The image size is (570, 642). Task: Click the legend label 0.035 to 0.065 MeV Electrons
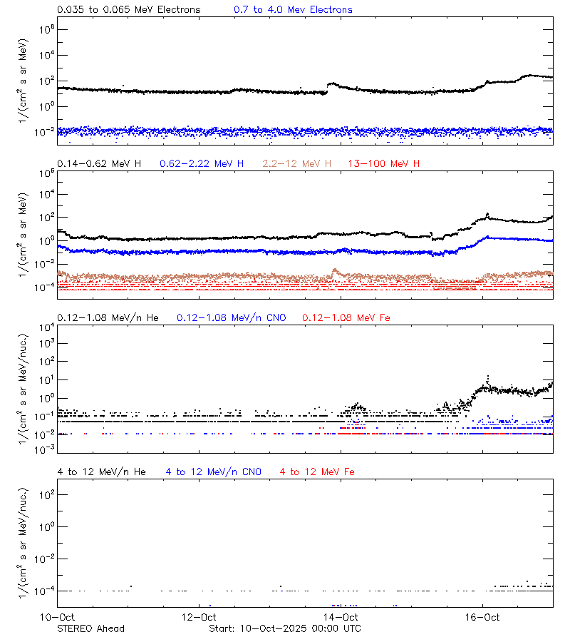pos(129,10)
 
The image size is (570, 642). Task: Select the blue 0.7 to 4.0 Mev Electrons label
pos(293,10)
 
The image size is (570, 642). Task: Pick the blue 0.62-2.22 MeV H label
pos(202,164)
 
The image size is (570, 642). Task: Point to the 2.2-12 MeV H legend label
pos(297,164)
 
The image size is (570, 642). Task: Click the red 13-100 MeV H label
pos(384,164)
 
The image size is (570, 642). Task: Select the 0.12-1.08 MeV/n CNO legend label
pos(232,317)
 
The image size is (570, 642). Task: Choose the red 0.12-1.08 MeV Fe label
pos(346,317)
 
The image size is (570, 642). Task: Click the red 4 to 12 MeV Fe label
pos(317,472)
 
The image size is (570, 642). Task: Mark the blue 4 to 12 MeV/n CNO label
pos(213,472)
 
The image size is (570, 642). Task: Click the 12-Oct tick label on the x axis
pos(199,617)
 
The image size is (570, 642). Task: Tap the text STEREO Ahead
pos(90,628)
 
